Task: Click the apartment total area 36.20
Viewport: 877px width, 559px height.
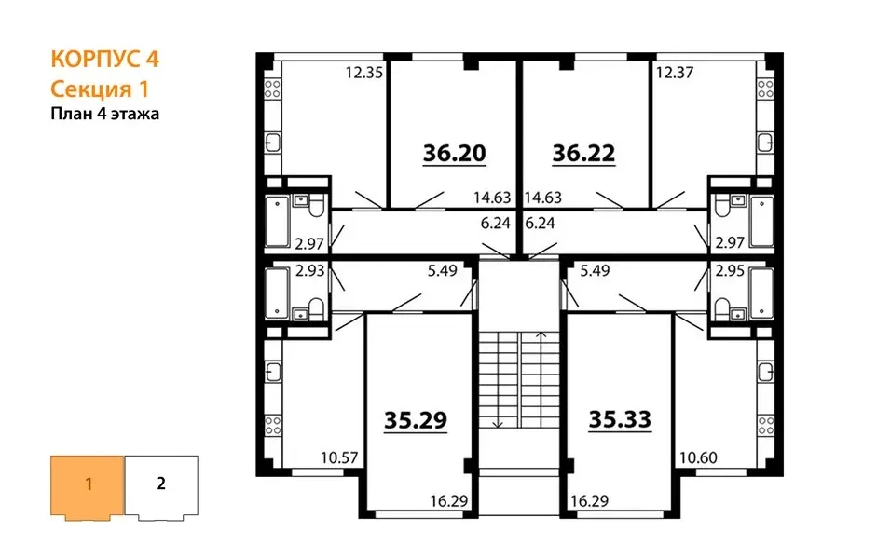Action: (454, 153)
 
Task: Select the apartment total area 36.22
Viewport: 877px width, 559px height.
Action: (584, 153)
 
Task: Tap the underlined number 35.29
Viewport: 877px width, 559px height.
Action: (416, 420)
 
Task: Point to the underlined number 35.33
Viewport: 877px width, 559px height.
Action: (621, 419)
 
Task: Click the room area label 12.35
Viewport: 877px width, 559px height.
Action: (363, 73)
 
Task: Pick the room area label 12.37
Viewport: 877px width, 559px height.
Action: (675, 73)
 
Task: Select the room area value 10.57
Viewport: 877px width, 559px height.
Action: (339, 457)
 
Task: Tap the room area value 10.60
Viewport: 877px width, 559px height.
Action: (698, 457)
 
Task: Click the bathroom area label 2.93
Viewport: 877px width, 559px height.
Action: (309, 270)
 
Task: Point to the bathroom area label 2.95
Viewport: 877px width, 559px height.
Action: (730, 270)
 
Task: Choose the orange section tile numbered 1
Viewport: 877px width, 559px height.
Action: (88, 486)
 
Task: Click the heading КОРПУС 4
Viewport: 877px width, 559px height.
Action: (105, 59)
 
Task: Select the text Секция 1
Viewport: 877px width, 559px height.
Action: (99, 89)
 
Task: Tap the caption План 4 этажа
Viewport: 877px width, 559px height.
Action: (105, 114)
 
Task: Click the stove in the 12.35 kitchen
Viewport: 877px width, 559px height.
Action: (272, 89)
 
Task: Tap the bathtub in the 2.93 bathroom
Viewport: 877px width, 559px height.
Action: (277, 294)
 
